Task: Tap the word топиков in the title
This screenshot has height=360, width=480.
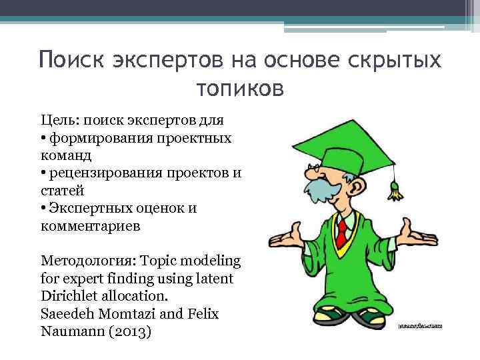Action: tap(240, 87)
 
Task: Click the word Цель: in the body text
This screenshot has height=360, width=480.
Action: tap(57, 121)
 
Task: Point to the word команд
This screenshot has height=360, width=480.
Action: tap(65, 156)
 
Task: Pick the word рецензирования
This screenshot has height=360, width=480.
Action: tap(112, 173)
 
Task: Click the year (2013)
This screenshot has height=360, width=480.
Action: tap(128, 329)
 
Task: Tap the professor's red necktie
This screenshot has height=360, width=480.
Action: tap(341, 233)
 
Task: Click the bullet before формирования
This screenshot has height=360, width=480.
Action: tap(43, 139)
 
